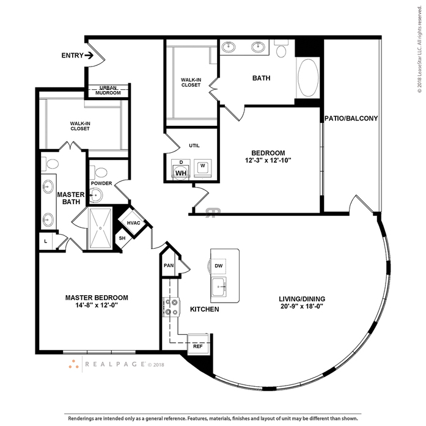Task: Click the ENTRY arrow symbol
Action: pos(89,56)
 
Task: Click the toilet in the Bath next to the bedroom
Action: pos(281,50)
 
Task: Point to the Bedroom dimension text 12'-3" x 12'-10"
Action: pos(268,161)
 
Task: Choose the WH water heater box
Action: pos(180,173)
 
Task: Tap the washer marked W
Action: pos(202,166)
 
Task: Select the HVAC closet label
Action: pos(133,222)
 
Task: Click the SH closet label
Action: pos(122,238)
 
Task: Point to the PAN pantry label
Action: pos(169,265)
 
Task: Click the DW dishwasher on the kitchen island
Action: pos(219,266)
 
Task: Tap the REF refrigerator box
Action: pos(198,346)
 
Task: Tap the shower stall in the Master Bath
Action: pos(100,228)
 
